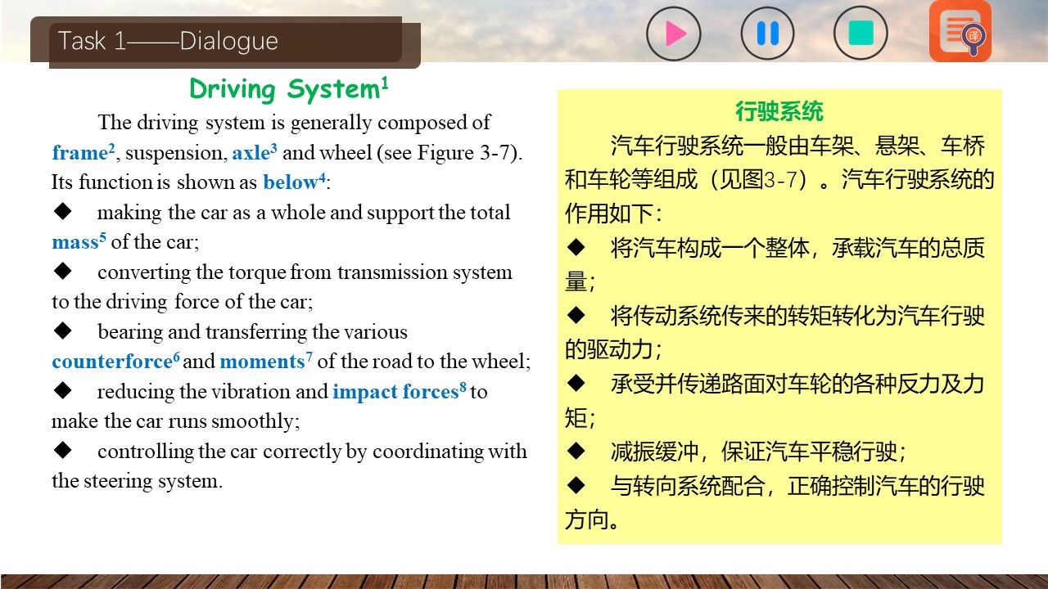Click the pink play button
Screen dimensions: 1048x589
pos(674,34)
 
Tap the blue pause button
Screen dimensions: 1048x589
pos(767,34)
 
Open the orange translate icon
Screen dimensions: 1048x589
pos(960,31)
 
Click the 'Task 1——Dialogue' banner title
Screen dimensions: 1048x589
pos(168,41)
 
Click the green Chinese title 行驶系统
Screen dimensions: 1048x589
pos(779,112)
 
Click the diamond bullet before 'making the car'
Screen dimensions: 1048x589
pos(62,211)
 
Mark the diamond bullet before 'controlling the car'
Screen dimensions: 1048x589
pos(62,450)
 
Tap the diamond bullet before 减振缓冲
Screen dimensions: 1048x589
pos(576,451)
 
